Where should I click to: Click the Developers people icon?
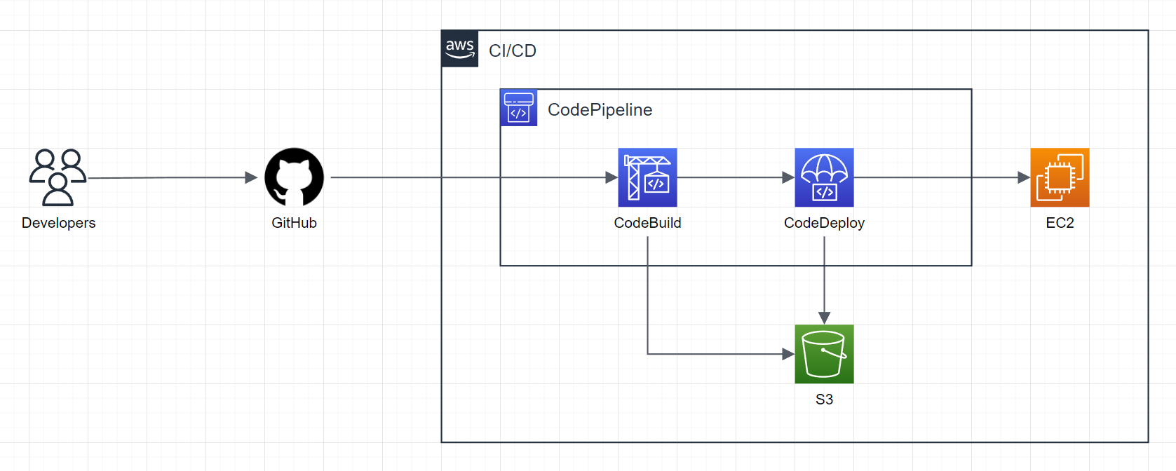click(58, 177)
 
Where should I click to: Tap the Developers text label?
click(58, 223)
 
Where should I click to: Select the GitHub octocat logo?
click(294, 177)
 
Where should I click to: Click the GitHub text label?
click(294, 223)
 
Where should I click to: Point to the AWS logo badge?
click(460, 49)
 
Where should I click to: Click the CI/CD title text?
click(512, 51)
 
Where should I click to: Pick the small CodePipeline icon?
click(518, 108)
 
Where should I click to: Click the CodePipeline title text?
click(600, 110)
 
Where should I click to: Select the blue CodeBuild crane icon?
click(647, 177)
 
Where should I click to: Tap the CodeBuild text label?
click(647, 223)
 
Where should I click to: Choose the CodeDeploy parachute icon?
click(824, 177)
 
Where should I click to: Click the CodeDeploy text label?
click(824, 223)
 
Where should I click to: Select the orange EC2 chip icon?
click(1060, 177)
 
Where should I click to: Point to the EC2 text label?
click(1060, 223)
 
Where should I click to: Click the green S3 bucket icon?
click(824, 354)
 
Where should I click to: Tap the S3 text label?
click(824, 400)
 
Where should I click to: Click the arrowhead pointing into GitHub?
click(251, 177)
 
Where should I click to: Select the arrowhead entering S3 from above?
click(824, 318)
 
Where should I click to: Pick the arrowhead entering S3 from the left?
click(788, 354)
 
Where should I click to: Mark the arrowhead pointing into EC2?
click(1023, 177)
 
